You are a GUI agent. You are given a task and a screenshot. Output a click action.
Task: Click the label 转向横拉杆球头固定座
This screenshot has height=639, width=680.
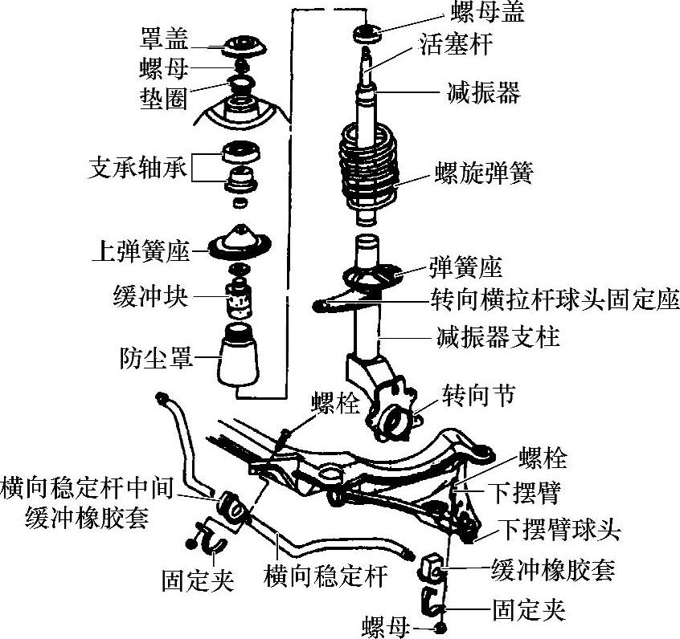click(554, 303)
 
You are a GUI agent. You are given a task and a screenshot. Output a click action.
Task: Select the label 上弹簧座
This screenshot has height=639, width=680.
click(141, 251)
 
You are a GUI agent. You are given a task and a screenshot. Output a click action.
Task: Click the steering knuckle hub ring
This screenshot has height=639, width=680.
click(392, 421)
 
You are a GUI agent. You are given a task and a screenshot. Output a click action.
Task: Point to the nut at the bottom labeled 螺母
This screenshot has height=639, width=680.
click(440, 626)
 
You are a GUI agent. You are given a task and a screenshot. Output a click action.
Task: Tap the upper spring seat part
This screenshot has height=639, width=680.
click(239, 240)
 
